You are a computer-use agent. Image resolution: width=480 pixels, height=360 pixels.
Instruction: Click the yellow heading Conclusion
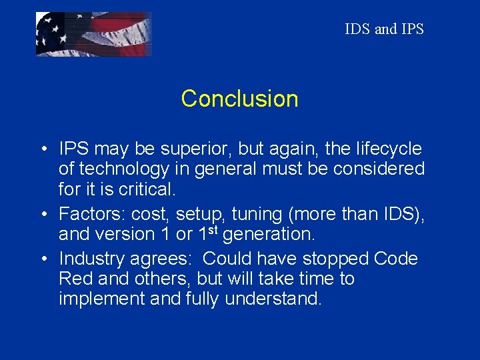[239, 99]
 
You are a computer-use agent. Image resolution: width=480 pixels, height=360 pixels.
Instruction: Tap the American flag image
[93, 34]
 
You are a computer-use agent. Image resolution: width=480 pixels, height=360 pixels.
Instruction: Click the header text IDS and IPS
[384, 29]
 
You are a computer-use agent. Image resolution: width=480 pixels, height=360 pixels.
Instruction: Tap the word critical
[147, 189]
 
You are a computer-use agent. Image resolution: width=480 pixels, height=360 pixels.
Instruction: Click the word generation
[271, 234]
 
